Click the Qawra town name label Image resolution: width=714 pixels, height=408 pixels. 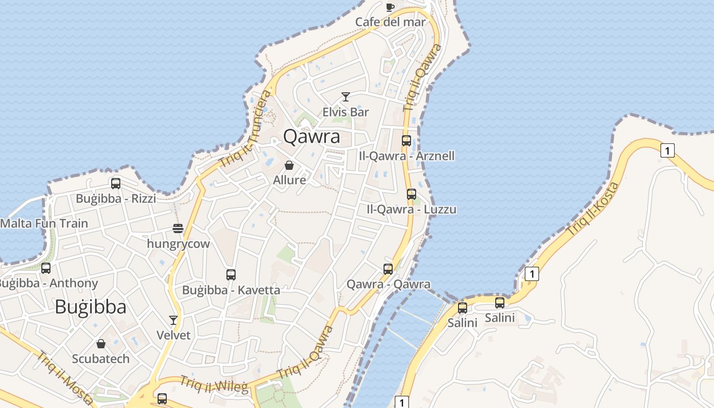pyautogui.click(x=312, y=137)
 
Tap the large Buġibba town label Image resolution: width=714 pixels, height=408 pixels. pyautogui.click(x=90, y=307)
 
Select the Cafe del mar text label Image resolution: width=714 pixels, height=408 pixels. pyautogui.click(x=390, y=22)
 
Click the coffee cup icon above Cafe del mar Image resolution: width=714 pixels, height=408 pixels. pyautogui.click(x=390, y=7)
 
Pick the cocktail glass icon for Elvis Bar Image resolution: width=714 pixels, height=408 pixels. pyautogui.click(x=346, y=97)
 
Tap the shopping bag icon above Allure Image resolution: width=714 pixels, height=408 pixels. pyautogui.click(x=289, y=165)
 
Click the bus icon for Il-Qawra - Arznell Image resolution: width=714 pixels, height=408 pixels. pyautogui.click(x=406, y=141)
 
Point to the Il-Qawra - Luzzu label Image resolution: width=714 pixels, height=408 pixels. pyautogui.click(x=412, y=209)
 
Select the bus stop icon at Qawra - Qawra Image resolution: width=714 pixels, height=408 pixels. pyautogui.click(x=388, y=269)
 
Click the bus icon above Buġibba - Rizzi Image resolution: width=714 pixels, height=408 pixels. pyautogui.click(x=116, y=184)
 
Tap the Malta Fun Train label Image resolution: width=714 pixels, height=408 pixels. pyautogui.click(x=44, y=223)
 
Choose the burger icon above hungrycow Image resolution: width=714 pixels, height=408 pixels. pyautogui.click(x=178, y=228)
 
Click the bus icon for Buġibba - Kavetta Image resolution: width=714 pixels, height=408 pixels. pyautogui.click(x=231, y=275)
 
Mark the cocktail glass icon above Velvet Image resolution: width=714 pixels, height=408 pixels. pyautogui.click(x=173, y=320)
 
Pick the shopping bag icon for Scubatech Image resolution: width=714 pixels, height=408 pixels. pyautogui.click(x=101, y=344)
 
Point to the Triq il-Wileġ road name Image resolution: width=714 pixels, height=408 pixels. pyautogui.click(x=214, y=384)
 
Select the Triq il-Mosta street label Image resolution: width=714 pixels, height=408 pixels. pyautogui.click(x=65, y=377)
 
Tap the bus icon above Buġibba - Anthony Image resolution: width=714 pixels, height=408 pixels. pyautogui.click(x=46, y=268)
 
